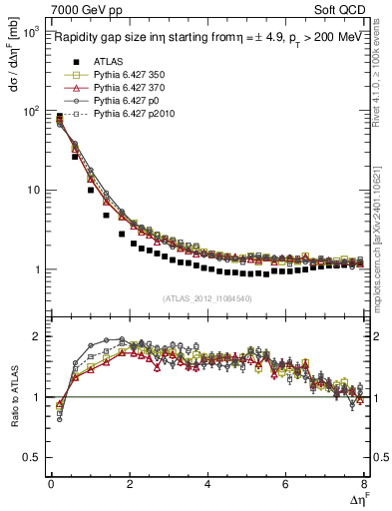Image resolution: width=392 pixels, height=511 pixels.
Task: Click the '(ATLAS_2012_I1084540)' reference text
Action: click(207, 297)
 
